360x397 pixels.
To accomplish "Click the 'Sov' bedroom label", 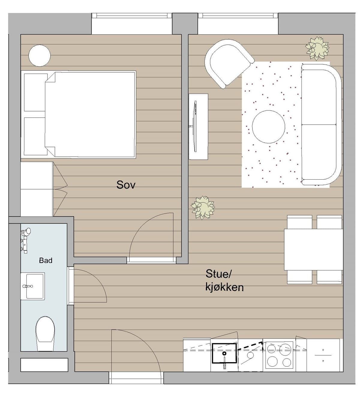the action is pyautogui.click(x=126, y=185).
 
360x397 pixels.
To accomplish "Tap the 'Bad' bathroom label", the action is pyautogui.click(x=46, y=260).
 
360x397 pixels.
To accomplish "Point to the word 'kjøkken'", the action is pyautogui.click(x=224, y=287).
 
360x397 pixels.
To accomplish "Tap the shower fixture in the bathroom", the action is pyautogui.click(x=25, y=240).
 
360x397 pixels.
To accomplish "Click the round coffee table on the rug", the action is pyautogui.click(x=268, y=127).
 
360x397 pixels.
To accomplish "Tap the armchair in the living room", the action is pyautogui.click(x=227, y=63).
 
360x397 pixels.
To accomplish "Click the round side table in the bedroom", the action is pyautogui.click(x=39, y=56).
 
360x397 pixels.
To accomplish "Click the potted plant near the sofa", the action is pyautogui.click(x=317, y=48).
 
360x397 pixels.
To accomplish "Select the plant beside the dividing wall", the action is pyautogui.click(x=203, y=208).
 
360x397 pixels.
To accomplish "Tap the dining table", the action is pyautogui.click(x=313, y=250).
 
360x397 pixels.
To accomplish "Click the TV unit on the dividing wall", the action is pyautogui.click(x=198, y=127).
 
